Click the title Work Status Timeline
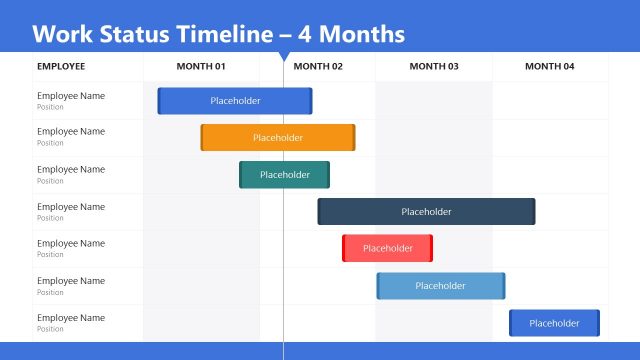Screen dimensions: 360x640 [x=218, y=34]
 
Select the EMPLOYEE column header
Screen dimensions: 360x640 [x=61, y=67]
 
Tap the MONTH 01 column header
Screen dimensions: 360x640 [x=201, y=67]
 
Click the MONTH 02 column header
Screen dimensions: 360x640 [x=318, y=67]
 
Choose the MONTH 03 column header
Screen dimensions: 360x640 [x=434, y=67]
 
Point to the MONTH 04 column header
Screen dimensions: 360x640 [x=550, y=67]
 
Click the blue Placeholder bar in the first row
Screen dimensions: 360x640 [x=235, y=101]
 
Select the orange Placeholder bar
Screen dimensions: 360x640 [x=278, y=138]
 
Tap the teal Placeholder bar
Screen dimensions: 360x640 [x=284, y=175]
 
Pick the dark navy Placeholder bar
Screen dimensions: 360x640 [x=426, y=212]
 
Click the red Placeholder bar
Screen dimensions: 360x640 [x=387, y=248]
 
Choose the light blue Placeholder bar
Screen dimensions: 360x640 [x=440, y=286]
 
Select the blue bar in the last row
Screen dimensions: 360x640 [x=554, y=323]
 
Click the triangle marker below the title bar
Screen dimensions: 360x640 [x=284, y=57]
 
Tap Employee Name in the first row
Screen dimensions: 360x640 [x=70, y=96]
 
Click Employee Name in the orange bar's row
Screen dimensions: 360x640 [x=70, y=132]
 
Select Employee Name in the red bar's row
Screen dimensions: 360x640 [x=70, y=243]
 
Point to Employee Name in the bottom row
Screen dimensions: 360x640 [x=70, y=318]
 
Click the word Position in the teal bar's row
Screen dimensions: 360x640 [x=50, y=181]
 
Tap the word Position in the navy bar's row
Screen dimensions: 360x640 [x=50, y=218]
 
